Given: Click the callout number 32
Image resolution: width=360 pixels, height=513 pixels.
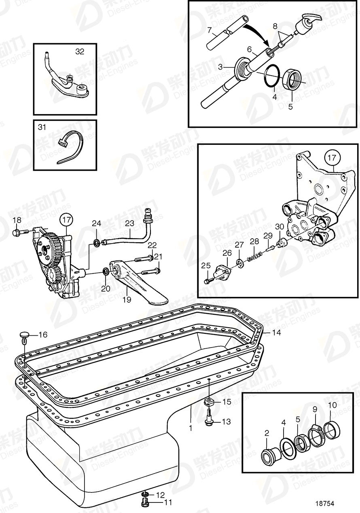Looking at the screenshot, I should [x=80, y=51].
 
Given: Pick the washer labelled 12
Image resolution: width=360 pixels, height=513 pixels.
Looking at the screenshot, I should [x=145, y=494].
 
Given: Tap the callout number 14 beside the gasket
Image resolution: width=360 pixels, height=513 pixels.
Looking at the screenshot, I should [x=276, y=333].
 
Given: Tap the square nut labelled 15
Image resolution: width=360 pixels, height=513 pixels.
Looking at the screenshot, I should [x=209, y=402].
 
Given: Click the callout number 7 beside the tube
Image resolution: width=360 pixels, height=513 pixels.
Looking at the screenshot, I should [x=210, y=30].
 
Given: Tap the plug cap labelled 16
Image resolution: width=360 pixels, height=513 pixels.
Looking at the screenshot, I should [x=25, y=335].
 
